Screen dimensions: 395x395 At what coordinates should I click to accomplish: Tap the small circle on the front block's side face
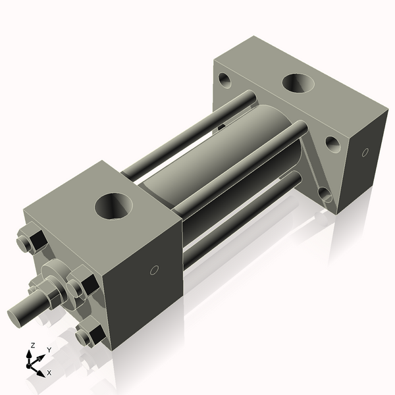point(154,269)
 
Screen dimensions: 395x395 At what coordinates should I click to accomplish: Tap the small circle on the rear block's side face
point(365,153)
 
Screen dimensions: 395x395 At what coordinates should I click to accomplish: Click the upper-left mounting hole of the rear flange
point(226,82)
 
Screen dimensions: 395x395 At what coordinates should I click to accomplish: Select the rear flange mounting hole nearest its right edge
point(333,144)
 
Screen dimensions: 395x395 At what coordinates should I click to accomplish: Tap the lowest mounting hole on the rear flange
point(325,194)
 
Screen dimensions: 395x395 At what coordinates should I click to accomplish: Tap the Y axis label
point(49,350)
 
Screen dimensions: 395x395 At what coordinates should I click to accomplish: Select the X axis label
point(49,373)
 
